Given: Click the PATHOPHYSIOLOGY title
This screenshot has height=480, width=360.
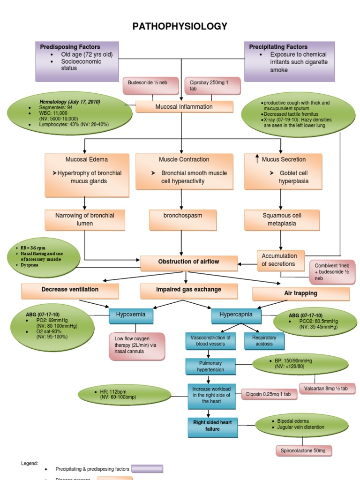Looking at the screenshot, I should [180, 26].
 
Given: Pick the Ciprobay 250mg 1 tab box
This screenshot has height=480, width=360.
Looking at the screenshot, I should [212, 85].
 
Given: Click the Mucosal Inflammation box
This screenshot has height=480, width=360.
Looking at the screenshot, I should [184, 107].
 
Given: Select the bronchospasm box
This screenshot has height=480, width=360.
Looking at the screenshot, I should [182, 219].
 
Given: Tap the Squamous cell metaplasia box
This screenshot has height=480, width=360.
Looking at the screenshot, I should [282, 219].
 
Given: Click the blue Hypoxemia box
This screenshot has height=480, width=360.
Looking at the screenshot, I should [131, 315].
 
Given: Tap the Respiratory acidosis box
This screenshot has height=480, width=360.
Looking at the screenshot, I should [264, 341].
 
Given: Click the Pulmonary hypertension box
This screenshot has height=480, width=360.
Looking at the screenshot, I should [210, 367].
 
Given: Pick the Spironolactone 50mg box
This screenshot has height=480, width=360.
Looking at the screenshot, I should [303, 450].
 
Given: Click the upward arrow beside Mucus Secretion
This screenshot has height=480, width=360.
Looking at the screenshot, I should [257, 159].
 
